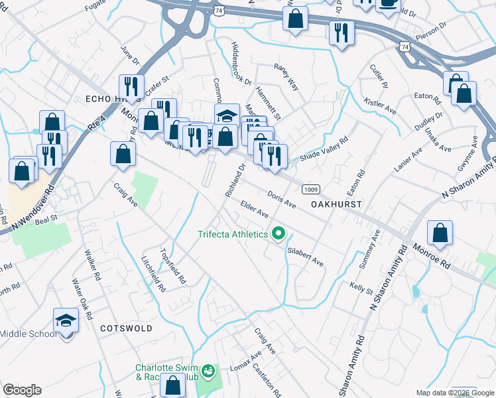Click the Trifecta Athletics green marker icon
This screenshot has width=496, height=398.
(279, 233)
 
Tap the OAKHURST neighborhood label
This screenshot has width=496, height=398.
(336, 204)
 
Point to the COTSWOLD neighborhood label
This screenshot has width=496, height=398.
(126, 328)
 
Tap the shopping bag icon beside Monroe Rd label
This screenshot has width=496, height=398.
(440, 234)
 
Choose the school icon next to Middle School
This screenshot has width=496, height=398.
(66, 322)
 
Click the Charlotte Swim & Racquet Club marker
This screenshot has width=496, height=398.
(208, 369)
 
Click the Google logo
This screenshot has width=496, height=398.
(22, 390)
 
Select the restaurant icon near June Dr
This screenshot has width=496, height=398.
(131, 87)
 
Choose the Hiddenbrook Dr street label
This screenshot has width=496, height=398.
(241, 64)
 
